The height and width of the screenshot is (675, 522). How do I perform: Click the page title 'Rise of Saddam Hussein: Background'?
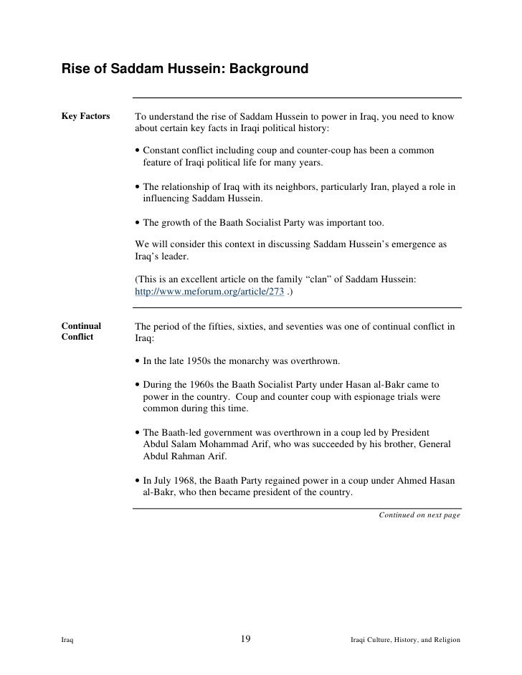pos(185,70)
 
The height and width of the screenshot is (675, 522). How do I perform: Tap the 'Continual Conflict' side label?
pos(82,330)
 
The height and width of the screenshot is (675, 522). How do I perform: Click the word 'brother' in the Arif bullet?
pos(384,444)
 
